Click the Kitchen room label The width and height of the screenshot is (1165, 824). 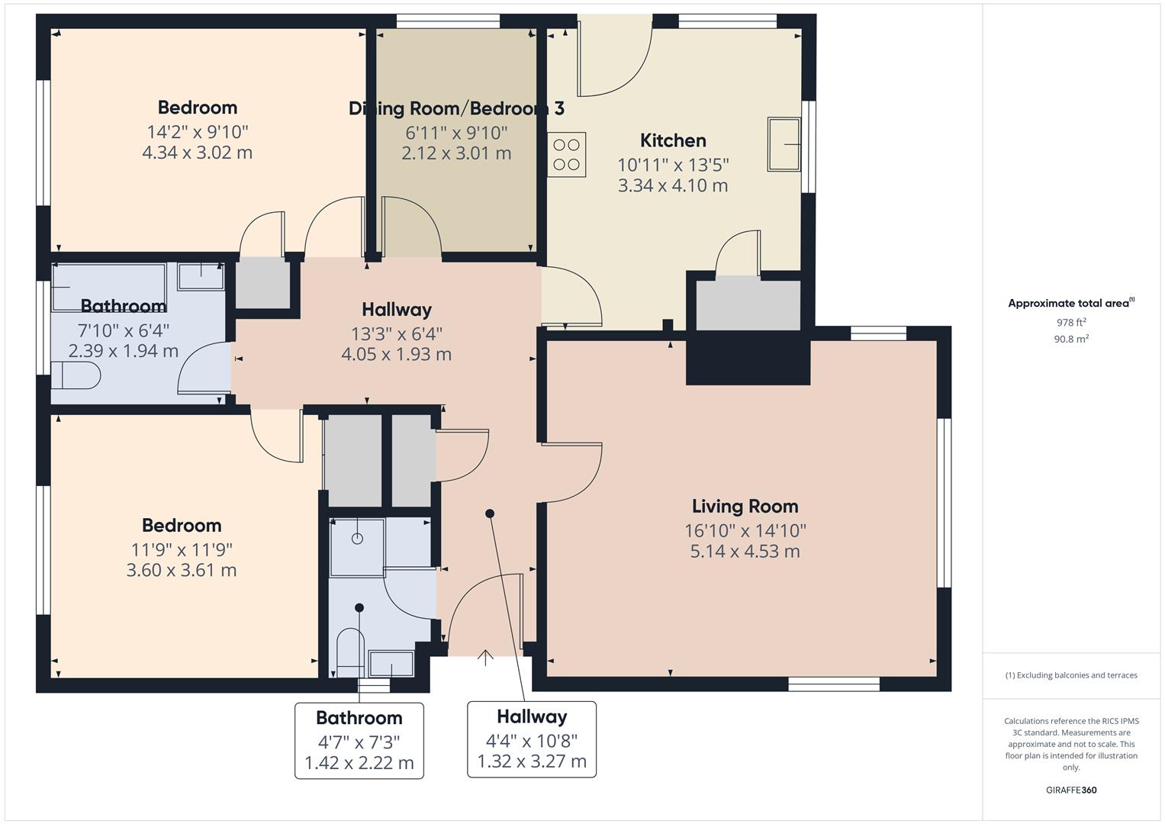point(673,140)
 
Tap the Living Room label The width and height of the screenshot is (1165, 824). point(745,506)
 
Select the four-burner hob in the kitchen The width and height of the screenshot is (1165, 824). point(566,154)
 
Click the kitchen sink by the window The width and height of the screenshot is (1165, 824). point(784,144)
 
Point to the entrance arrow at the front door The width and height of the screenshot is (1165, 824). point(485,658)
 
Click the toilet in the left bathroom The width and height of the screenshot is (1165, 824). point(76,375)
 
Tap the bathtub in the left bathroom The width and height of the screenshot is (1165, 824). point(108,288)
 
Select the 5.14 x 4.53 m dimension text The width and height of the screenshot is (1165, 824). point(745,552)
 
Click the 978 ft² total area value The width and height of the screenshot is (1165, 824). point(1071,322)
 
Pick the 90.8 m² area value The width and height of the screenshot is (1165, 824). point(1071,339)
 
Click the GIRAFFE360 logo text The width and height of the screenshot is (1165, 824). point(1071,790)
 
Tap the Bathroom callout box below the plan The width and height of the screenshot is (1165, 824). point(359,740)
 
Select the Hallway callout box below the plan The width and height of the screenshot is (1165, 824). point(532,739)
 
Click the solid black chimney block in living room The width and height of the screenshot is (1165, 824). point(748,358)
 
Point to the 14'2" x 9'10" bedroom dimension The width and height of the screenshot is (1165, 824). point(198,132)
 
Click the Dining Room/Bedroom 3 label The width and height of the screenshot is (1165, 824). point(456,108)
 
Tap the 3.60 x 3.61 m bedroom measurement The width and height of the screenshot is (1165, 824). point(182,570)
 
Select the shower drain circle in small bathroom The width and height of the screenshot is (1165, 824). point(357,539)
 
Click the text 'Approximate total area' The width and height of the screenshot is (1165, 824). point(1069,304)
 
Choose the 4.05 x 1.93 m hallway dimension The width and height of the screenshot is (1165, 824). point(396,354)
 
